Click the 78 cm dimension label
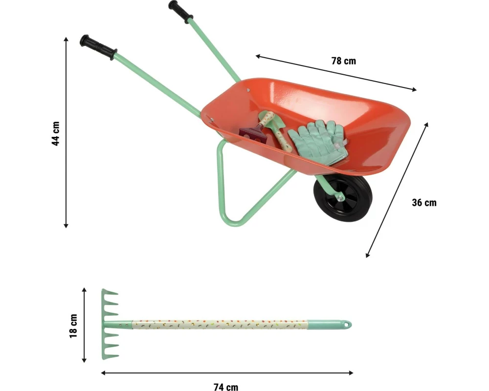(344, 61)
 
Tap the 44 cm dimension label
(56, 133)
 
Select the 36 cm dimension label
(424, 203)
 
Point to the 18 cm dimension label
(73, 326)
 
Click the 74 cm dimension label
(226, 387)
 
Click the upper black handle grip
(180, 12)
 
